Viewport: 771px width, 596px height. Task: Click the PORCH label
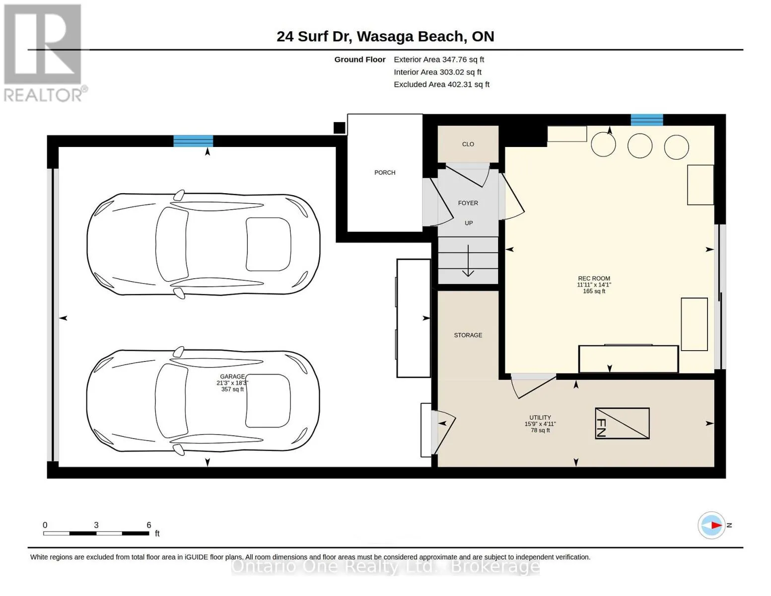tap(385, 172)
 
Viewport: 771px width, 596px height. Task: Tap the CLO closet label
tap(468, 144)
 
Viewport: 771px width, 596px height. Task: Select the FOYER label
tap(468, 203)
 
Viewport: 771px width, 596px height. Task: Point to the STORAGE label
tap(468, 335)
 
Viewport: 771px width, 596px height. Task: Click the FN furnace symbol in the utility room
tap(623, 423)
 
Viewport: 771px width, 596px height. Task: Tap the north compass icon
tap(711, 525)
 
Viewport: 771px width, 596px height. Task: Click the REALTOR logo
tap(44, 53)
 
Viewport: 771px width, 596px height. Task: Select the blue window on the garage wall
tap(193, 141)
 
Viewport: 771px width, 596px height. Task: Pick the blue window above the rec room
tap(646, 120)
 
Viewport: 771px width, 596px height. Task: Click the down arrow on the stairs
tap(468, 261)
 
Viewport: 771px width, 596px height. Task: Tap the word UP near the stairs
tap(469, 223)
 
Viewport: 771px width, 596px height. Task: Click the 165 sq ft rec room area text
tap(594, 291)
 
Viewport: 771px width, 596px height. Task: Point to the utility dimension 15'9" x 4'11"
tap(540, 424)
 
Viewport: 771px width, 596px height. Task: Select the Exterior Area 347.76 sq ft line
tap(439, 60)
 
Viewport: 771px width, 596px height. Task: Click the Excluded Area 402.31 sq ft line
tap(441, 84)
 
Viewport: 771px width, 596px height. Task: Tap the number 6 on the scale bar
tap(148, 524)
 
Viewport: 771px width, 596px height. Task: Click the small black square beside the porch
tap(339, 128)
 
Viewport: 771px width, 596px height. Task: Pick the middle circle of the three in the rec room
tap(640, 146)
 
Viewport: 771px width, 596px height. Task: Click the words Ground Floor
tap(360, 60)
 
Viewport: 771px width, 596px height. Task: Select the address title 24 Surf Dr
tap(314, 37)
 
